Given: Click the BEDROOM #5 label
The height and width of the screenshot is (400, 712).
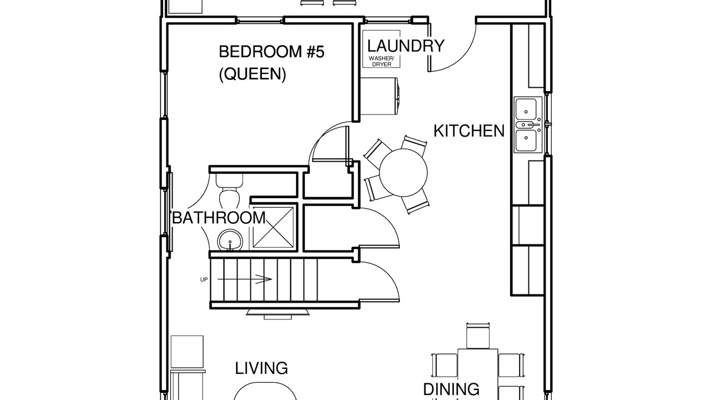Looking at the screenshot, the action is point(272,52).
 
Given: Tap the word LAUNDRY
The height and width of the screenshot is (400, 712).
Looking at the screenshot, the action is point(406,46).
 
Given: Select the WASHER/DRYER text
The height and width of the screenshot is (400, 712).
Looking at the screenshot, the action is point(382,61).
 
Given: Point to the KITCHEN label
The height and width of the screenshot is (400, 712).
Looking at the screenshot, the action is point(469,131).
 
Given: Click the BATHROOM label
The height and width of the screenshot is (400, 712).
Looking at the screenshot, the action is point(219,218).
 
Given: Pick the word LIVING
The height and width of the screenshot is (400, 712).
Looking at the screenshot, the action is point(261,368).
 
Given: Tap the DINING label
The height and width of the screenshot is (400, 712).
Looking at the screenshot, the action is point(451,389).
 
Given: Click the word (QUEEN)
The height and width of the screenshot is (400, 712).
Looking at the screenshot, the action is point(253,74).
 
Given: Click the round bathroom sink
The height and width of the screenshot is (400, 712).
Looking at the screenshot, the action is point(230,240).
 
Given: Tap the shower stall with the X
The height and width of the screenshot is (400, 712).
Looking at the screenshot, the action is point(273,227).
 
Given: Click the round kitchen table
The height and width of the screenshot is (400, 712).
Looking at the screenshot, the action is point(403,173).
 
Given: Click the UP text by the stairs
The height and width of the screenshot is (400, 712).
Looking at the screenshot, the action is point(204,279).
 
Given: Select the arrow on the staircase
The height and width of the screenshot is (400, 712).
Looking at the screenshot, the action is point(244,279).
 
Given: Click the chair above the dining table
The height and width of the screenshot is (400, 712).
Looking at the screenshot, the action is point(477,336).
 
